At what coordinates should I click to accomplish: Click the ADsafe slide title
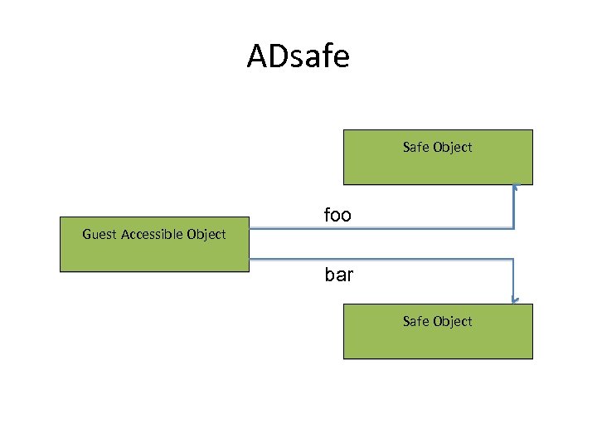coord(298,56)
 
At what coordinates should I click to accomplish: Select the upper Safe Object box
coord(438,157)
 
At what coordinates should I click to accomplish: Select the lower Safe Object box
coord(438,331)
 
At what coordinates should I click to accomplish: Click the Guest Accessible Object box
coord(154,245)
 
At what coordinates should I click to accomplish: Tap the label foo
coord(337,216)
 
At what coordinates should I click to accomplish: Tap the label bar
coord(338,275)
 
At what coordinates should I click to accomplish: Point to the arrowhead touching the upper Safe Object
coord(514,188)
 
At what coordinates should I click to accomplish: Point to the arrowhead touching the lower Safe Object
coord(514,299)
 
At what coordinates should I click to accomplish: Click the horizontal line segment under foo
coord(381,228)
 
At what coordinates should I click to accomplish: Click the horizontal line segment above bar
coord(381,259)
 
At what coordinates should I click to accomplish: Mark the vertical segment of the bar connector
coord(514,279)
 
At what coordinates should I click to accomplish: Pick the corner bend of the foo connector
coord(514,228)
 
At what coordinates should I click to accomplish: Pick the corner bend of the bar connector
coord(514,259)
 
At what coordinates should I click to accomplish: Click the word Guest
coord(99,235)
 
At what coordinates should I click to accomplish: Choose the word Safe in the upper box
coord(416,148)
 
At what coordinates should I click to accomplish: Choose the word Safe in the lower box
coord(416,322)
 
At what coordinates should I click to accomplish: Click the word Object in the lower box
coord(453,322)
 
